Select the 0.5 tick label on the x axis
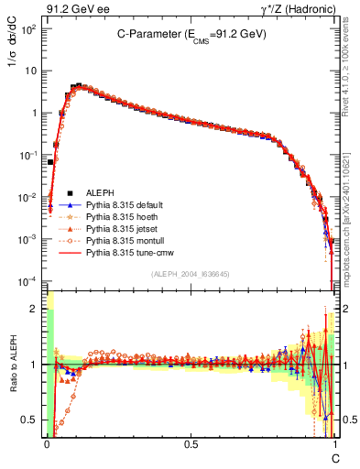click(191, 443)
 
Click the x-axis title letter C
click(334, 457)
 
